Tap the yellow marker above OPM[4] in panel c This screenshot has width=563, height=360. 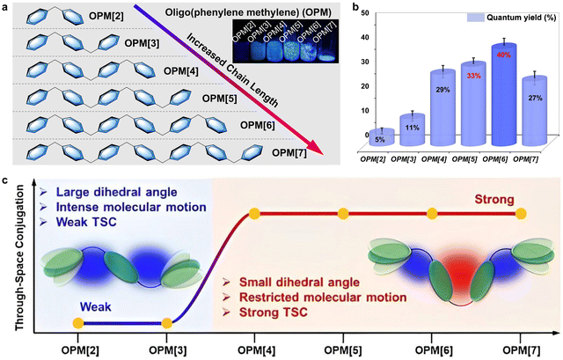click(x=254, y=213)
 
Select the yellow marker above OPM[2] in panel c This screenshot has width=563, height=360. click(x=77, y=324)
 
